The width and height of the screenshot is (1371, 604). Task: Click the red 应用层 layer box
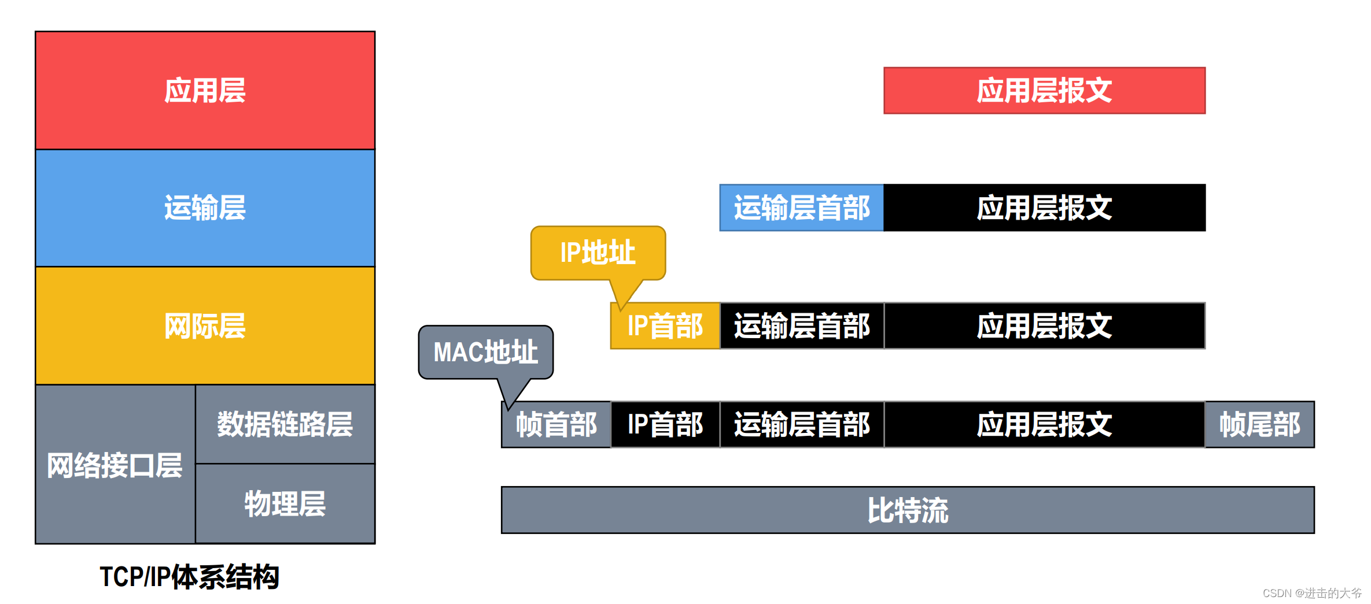point(205,90)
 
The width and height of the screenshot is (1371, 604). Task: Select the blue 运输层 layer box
point(205,207)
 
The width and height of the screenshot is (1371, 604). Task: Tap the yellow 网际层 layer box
point(205,325)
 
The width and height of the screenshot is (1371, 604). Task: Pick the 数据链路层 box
point(285,424)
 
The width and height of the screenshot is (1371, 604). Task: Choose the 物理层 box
point(285,503)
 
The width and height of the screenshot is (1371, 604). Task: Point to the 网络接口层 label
point(115,465)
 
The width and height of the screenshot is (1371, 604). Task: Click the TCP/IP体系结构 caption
point(189,576)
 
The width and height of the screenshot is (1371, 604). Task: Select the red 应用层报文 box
point(1044,90)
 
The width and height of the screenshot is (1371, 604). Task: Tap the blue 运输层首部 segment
point(801,207)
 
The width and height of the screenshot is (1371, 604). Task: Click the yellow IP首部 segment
point(665,326)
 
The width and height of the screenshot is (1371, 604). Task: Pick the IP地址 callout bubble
point(598,253)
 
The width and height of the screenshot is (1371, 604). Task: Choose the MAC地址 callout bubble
point(485,352)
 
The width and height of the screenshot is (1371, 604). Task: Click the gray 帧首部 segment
point(556,424)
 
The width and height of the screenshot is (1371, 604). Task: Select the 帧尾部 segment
point(1259,424)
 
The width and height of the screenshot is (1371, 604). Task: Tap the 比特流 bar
point(907,510)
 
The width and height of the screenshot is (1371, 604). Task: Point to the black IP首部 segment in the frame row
point(665,424)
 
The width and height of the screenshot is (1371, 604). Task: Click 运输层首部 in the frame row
point(801,424)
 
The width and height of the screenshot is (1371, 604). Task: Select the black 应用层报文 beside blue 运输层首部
point(1044,207)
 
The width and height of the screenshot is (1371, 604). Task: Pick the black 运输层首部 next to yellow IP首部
point(801,326)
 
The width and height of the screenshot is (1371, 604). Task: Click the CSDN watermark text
point(1311,593)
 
